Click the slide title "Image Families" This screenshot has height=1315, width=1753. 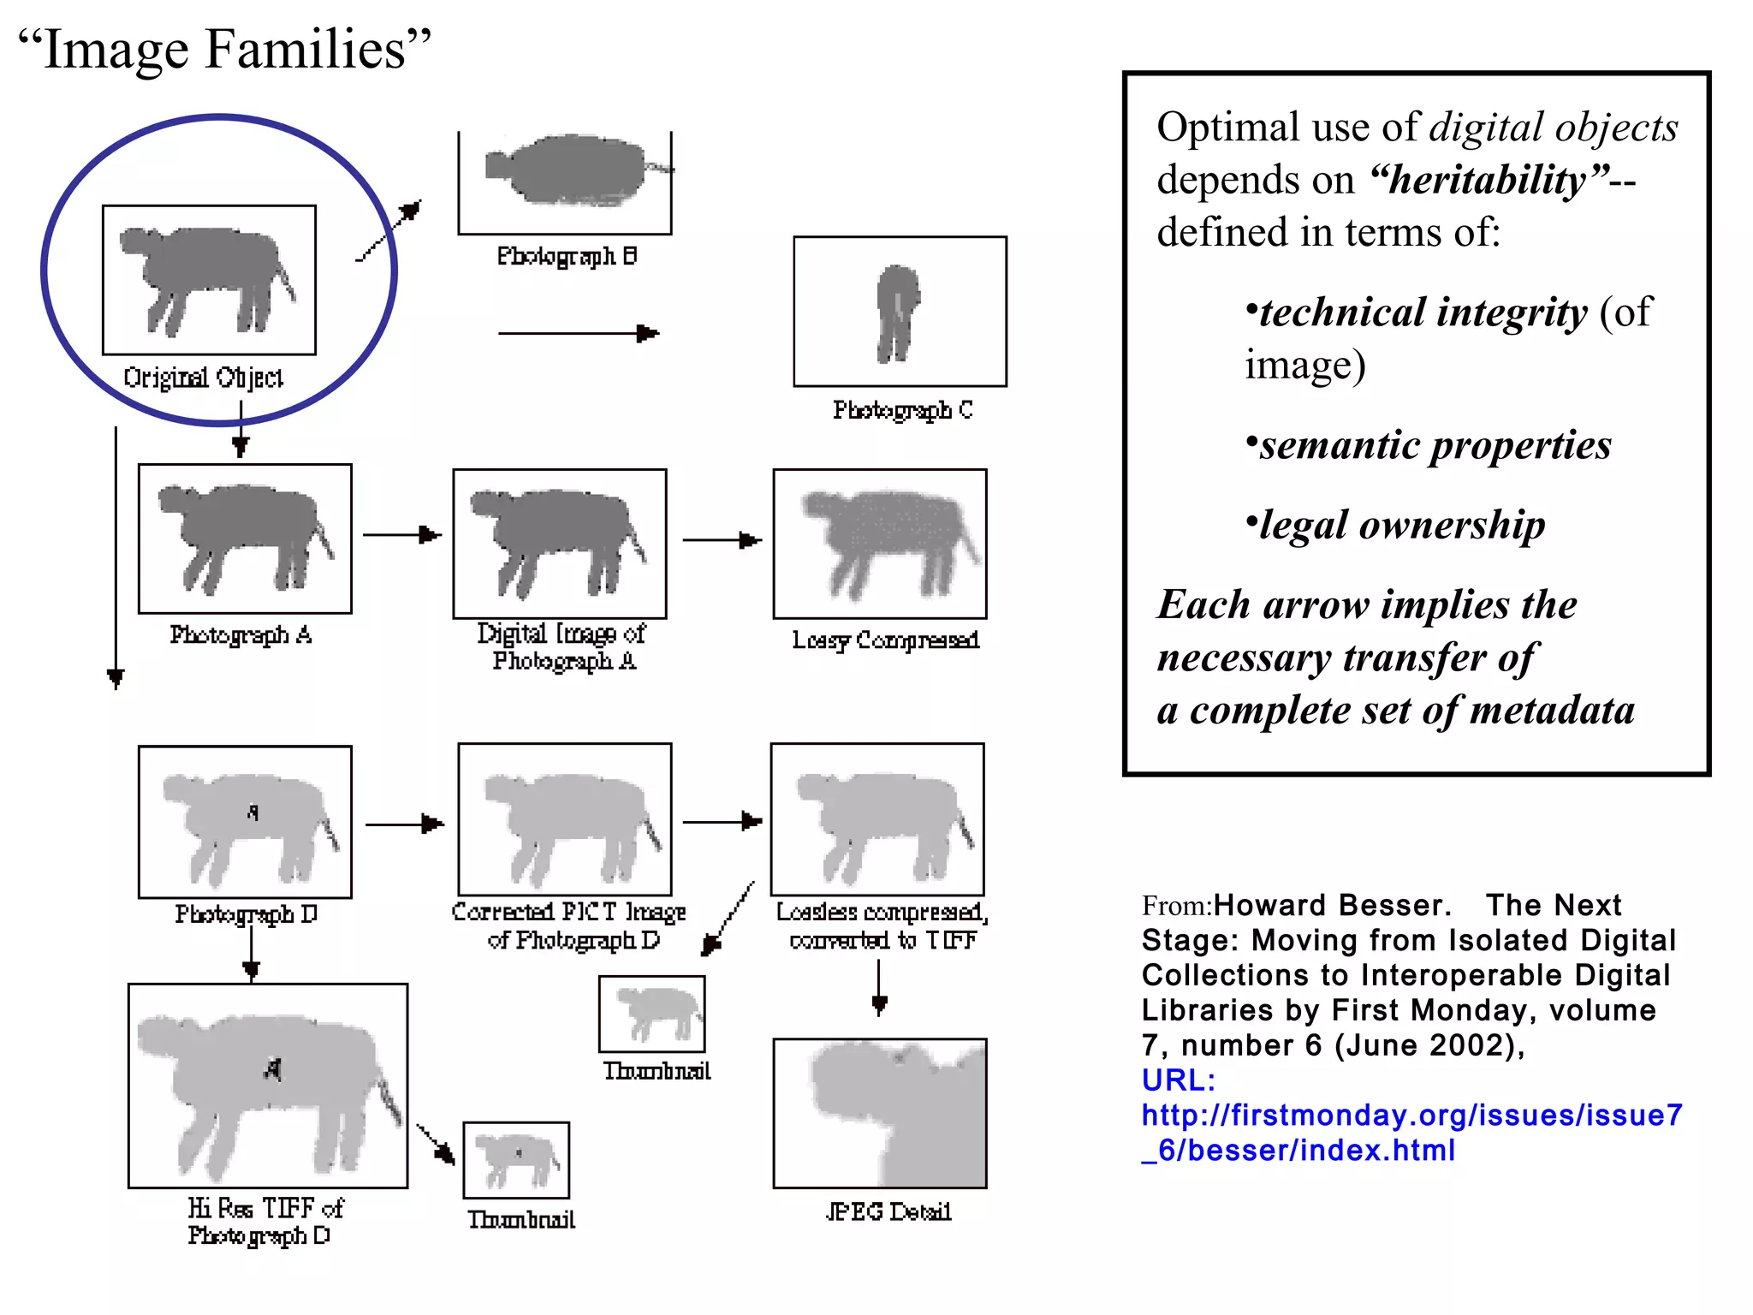click(224, 49)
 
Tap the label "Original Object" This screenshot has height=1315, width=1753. click(203, 378)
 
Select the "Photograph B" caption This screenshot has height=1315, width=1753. click(567, 256)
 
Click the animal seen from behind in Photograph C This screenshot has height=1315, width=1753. click(897, 312)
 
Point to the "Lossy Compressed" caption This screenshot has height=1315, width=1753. click(885, 640)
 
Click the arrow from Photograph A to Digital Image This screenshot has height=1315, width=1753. click(401, 535)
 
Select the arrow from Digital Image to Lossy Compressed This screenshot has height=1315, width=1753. click(722, 540)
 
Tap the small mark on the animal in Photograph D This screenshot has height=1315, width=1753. click(253, 812)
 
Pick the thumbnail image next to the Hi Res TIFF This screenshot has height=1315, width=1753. click(516, 1160)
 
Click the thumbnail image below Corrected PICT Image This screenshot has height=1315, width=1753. click(652, 1014)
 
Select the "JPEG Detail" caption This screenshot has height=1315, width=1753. click(888, 1211)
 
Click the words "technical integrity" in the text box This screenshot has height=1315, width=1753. click(1423, 312)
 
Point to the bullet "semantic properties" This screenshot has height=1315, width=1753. click(1435, 445)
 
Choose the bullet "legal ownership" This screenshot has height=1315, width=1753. click(1401, 525)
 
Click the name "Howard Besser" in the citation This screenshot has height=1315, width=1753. click(1331, 905)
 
